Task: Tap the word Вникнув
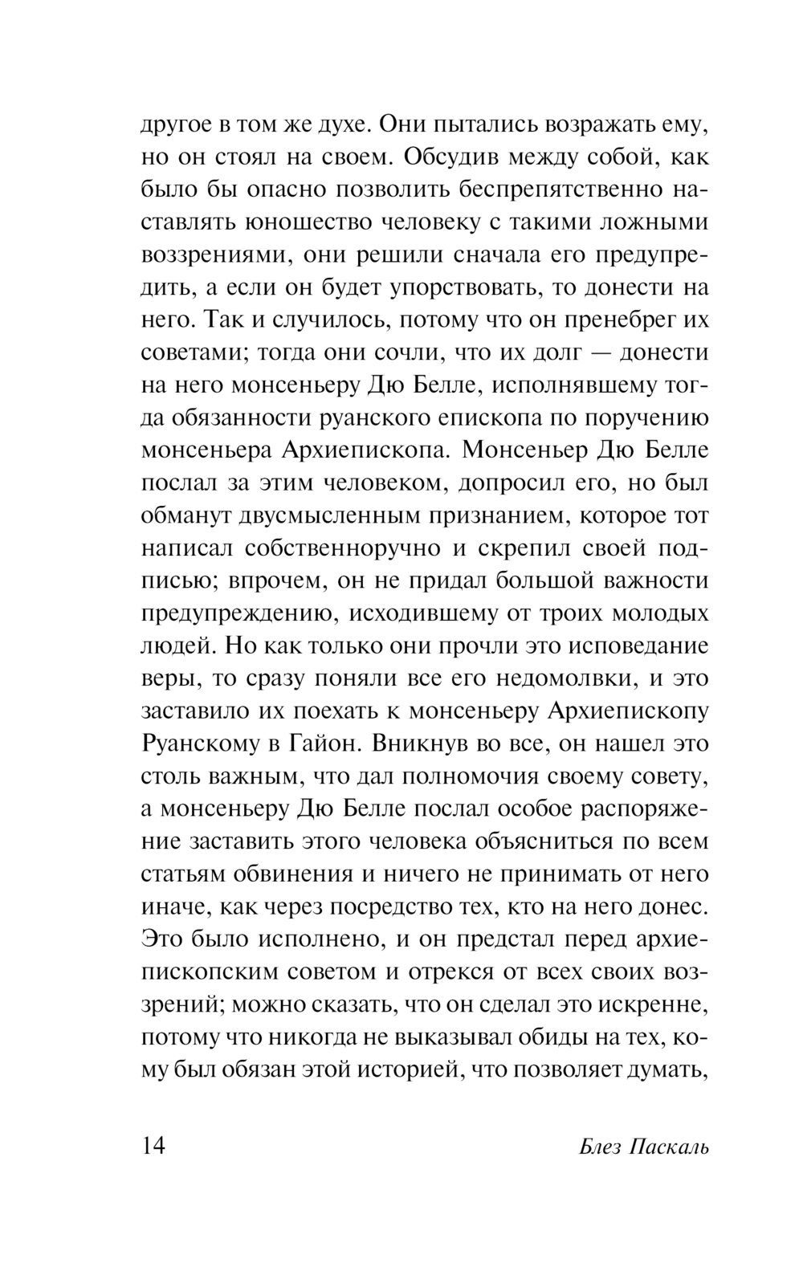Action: point(417,743)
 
